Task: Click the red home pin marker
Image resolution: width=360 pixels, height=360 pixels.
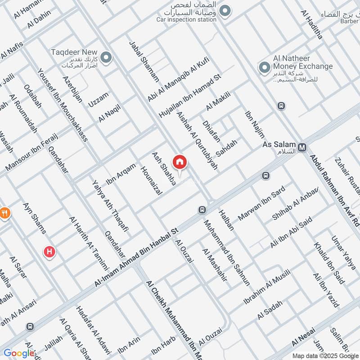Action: point(180,162)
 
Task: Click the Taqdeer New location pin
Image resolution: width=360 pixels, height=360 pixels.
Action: point(106,57)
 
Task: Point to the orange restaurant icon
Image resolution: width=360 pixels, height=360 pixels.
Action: point(5,213)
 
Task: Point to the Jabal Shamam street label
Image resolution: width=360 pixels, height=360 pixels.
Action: point(144,61)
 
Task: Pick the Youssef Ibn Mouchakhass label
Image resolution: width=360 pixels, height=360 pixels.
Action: point(63,104)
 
